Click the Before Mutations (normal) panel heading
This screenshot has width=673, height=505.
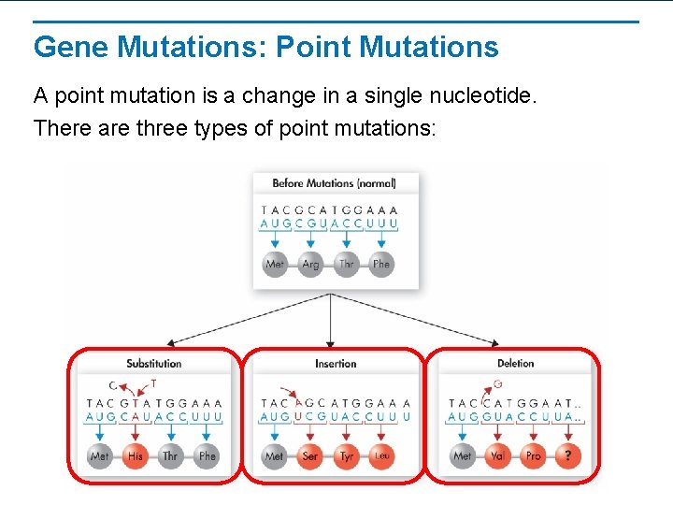(334, 183)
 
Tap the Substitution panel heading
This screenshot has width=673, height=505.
(154, 364)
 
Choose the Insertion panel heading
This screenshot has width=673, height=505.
(336, 364)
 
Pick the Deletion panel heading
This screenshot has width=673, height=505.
(515, 364)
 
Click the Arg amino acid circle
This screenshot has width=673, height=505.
(310, 265)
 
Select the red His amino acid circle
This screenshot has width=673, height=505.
(136, 456)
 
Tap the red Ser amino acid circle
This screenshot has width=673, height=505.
(310, 456)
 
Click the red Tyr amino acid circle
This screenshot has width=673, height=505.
(347, 456)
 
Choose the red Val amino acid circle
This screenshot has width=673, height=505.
(497, 456)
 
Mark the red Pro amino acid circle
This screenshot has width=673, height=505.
(533, 456)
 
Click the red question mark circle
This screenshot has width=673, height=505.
(568, 456)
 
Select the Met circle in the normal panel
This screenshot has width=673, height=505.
(275, 265)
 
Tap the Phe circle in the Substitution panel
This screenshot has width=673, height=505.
(208, 456)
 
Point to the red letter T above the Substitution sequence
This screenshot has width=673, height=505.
(153, 383)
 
